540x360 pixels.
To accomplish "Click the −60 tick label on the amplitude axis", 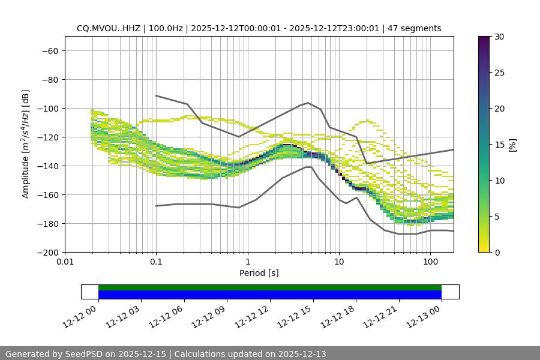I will click(x=49, y=50).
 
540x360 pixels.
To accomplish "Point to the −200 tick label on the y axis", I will click(x=47, y=252).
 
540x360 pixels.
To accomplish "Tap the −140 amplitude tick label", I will click(x=47, y=166).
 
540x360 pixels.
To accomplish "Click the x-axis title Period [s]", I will click(x=259, y=273).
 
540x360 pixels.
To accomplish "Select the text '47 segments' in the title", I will click(x=415, y=28).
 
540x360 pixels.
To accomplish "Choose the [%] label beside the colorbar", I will click(x=512, y=145).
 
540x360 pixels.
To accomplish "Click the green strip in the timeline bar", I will click(x=270, y=287).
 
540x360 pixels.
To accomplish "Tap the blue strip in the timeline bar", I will click(x=270, y=295).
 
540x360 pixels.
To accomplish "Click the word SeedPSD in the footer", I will click(x=89, y=354).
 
